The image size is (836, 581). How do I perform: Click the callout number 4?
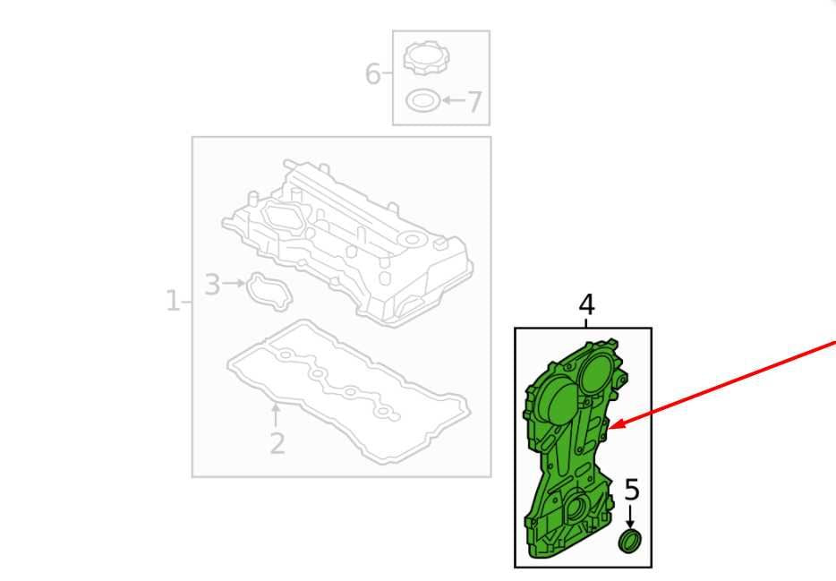pos(586,305)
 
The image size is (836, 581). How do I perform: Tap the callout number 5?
pos(631,490)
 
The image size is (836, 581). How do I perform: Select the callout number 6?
pos(372,73)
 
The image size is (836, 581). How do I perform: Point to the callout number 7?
pos(474,102)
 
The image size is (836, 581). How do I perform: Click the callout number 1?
pos(173,301)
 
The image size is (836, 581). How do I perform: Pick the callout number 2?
pos(277,443)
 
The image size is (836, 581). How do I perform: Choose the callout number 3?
pos(212,285)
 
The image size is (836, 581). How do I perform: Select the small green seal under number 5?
pos(630,541)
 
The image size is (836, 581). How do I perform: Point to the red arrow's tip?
pos(610,428)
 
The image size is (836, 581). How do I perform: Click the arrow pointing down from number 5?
pos(631,517)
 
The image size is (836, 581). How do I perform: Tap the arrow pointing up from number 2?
pos(276,415)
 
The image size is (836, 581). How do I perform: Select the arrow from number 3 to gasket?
pos(234,283)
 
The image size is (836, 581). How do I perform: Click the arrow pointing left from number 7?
pos(454,99)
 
